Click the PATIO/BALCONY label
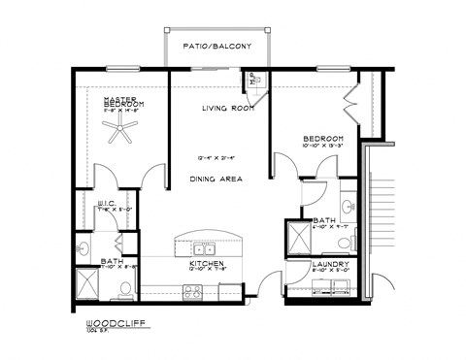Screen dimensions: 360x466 (210, 46)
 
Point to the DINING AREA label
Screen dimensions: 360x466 (216, 179)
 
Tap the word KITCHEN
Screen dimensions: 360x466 (207, 262)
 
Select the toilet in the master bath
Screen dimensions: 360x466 (125, 287)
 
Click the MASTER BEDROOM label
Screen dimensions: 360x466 (125, 102)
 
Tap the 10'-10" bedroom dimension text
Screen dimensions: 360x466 (323, 148)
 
